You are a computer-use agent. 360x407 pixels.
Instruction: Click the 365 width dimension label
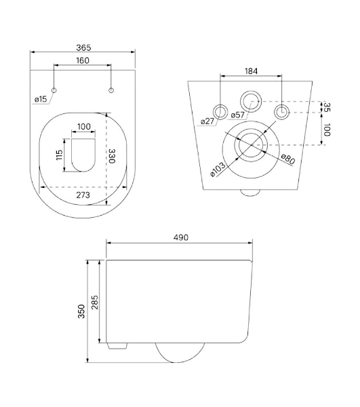pos(83,47)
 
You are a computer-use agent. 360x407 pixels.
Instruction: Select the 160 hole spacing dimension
pos(83,60)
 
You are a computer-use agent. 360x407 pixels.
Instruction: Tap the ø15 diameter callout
pos(41,99)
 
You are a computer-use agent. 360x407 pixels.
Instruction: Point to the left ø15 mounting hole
pos(54,90)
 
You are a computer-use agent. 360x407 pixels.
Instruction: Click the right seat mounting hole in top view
pos(111,90)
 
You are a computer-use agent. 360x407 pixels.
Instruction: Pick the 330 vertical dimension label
pos(112,156)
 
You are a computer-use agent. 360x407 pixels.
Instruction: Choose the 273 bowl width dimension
pos(83,195)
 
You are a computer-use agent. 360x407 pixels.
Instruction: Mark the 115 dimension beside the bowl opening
pos(60,155)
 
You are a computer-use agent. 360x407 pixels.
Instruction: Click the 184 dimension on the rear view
pos(251,71)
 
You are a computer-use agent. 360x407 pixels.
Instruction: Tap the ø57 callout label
pos(237,115)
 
